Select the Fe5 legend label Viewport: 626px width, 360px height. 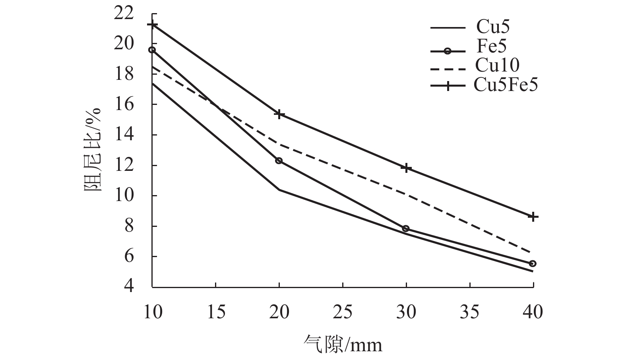pyautogui.click(x=492, y=46)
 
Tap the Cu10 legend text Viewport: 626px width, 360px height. pyautogui.click(x=497, y=65)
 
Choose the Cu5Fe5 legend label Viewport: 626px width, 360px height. pyautogui.click(x=506, y=85)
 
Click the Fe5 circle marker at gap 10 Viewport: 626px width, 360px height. pyautogui.click(x=152, y=50)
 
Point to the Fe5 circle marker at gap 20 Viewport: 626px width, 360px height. pyautogui.click(x=279, y=161)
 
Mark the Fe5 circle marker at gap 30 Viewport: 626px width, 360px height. pyautogui.click(x=406, y=228)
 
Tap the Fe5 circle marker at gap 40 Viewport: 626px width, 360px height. pyautogui.click(x=533, y=263)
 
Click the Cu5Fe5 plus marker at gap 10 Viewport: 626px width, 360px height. pyautogui.click(x=152, y=25)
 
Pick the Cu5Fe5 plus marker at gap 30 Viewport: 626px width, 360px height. pyautogui.click(x=406, y=168)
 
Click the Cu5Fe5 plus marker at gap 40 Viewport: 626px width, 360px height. pyautogui.click(x=533, y=217)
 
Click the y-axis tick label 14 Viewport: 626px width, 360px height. pyautogui.click(x=124, y=135)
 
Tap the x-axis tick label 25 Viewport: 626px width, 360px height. pyautogui.click(x=342, y=312)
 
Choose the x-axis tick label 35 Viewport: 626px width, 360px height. pyautogui.click(x=469, y=312)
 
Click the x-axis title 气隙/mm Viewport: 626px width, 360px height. pyautogui.click(x=342, y=344)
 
